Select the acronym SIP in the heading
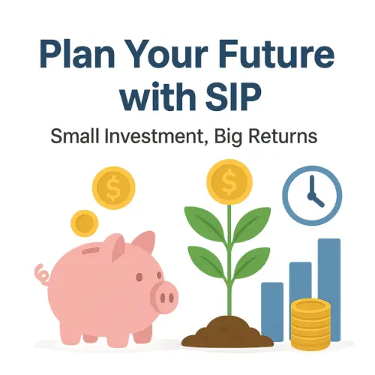point(232,96)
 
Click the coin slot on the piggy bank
point(91,250)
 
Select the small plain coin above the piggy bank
point(85,223)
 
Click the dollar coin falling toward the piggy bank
point(114,188)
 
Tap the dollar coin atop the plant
point(229,182)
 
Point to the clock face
point(312,196)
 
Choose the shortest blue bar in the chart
point(272,312)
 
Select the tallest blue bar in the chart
point(329,289)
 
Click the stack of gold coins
point(310,324)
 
